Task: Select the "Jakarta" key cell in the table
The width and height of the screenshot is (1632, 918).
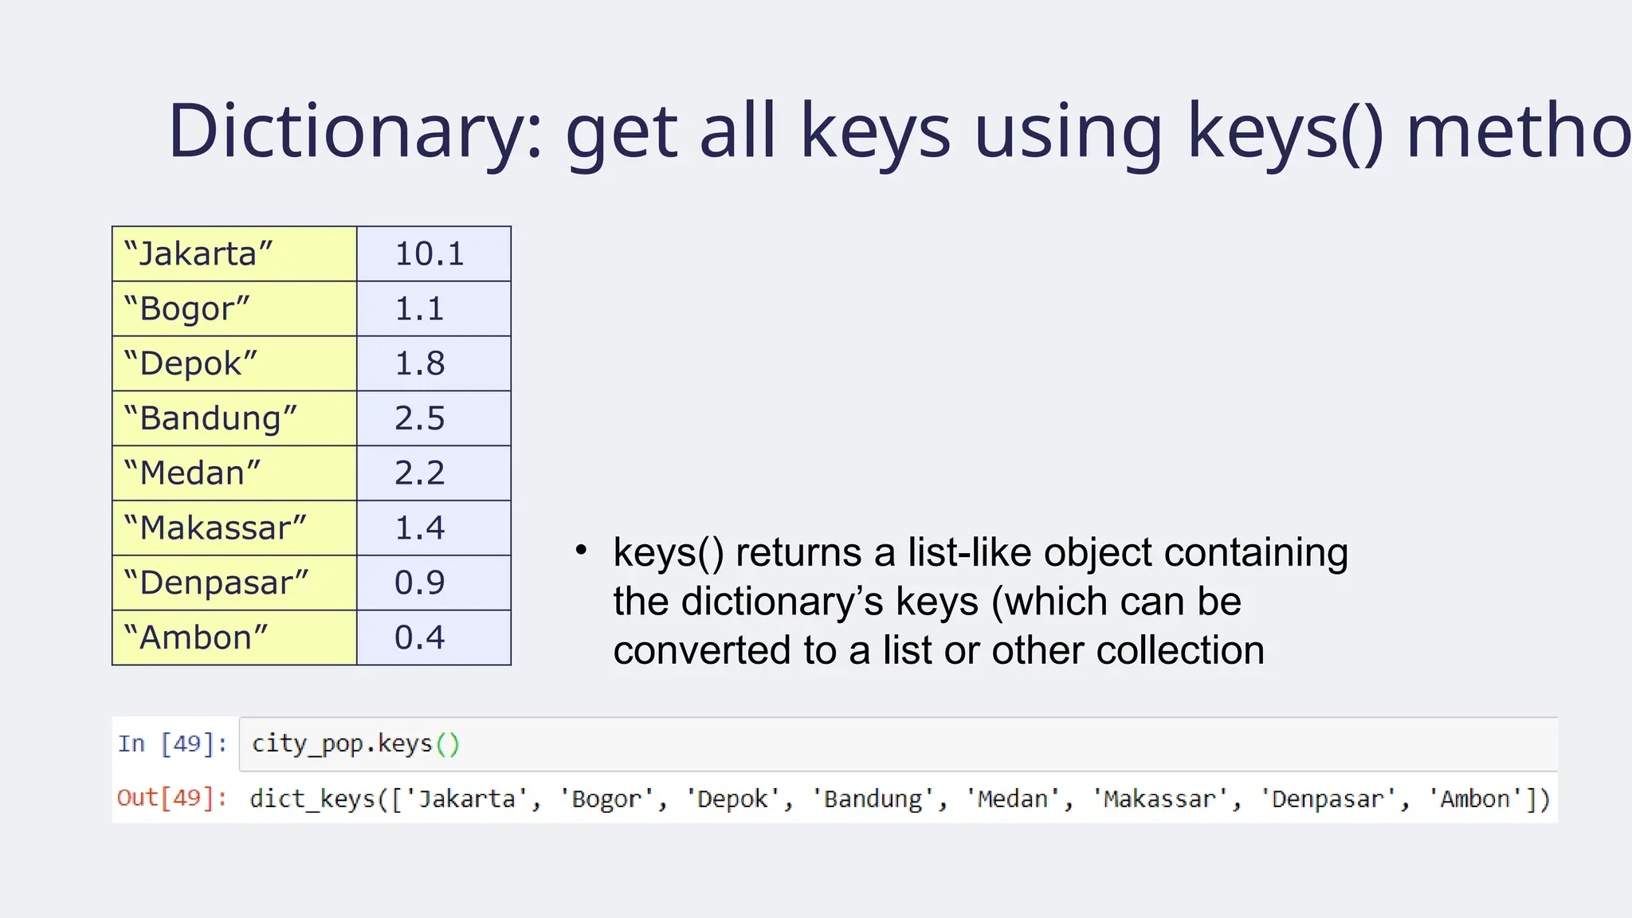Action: (233, 254)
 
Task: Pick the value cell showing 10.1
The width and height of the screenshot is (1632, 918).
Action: (433, 254)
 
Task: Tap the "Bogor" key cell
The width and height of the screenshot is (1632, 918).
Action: (233, 309)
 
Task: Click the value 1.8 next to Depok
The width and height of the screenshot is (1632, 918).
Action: (433, 363)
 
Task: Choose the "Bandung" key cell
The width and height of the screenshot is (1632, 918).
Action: (233, 418)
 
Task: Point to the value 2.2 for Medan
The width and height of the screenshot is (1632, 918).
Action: (433, 473)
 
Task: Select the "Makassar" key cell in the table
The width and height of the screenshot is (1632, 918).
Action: (233, 528)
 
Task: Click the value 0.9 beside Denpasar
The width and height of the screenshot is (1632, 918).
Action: (433, 583)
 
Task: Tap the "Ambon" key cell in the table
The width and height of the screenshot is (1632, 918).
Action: (233, 637)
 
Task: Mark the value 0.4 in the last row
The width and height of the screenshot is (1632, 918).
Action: (433, 637)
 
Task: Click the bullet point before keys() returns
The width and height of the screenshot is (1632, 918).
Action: (581, 550)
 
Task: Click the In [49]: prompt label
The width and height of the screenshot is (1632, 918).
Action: (172, 744)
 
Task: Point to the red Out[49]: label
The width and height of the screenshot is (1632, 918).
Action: (172, 798)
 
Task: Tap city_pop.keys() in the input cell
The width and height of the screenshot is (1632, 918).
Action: (355, 744)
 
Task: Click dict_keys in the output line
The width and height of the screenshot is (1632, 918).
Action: (312, 798)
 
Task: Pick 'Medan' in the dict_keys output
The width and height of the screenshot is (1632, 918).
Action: (1013, 798)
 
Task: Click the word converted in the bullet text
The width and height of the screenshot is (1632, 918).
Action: (702, 650)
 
